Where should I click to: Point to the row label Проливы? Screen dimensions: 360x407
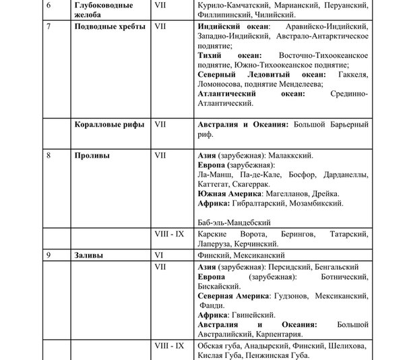(92, 155)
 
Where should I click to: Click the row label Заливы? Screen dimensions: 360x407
(90, 256)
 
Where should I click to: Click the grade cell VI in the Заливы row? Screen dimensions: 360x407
(160, 256)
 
